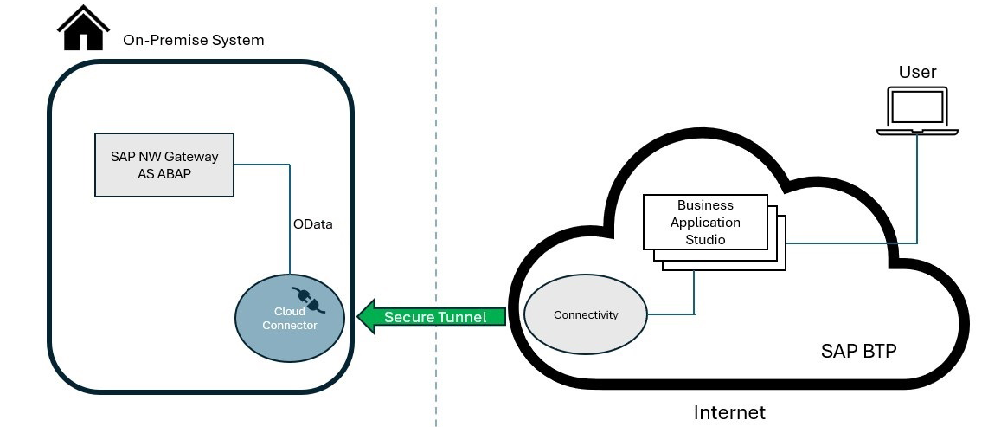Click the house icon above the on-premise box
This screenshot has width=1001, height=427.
pyautogui.click(x=84, y=29)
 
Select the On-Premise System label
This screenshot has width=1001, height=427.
pyautogui.click(x=193, y=40)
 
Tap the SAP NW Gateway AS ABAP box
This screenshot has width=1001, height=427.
pyautogui.click(x=164, y=164)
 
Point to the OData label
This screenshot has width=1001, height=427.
pyautogui.click(x=313, y=224)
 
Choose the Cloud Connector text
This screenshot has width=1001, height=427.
pyautogui.click(x=290, y=318)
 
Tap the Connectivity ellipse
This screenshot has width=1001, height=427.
pyautogui.click(x=586, y=314)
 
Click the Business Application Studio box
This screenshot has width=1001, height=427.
pyautogui.click(x=705, y=223)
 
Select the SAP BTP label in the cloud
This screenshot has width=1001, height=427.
pyautogui.click(x=857, y=352)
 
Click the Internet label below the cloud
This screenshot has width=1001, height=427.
pyautogui.click(x=729, y=412)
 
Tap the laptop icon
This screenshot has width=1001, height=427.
pyautogui.click(x=917, y=110)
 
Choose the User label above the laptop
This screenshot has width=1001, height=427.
pyautogui.click(x=917, y=72)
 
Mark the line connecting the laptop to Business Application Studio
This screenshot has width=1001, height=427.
pyautogui.click(x=917, y=191)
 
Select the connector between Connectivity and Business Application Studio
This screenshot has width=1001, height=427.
pyautogui.click(x=694, y=294)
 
